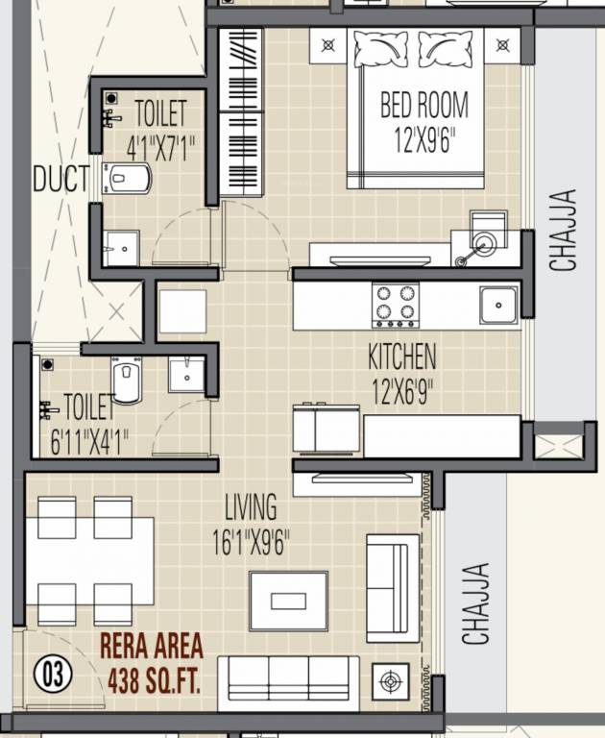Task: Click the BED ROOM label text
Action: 423,103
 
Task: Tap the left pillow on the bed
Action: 380,48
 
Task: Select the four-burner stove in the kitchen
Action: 395,305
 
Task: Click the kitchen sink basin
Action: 498,306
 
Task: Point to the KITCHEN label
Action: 401,357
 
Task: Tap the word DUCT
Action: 60,179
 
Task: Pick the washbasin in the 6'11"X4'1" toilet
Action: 185,374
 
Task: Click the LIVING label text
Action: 251,506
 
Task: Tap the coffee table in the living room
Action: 288,601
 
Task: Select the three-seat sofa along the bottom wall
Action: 288,682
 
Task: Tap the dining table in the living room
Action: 88,560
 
